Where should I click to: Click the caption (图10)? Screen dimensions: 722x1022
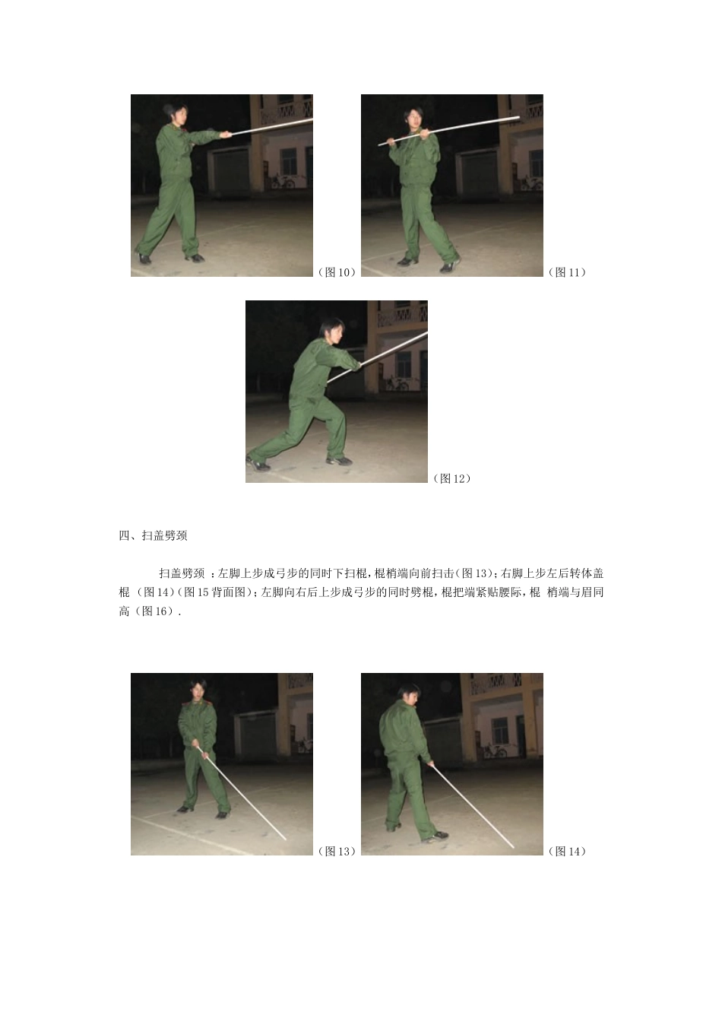click(337, 272)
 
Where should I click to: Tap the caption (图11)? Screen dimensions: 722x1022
click(567, 272)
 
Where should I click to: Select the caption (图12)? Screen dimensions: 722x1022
click(451, 478)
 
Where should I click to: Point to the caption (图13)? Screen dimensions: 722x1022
click(337, 851)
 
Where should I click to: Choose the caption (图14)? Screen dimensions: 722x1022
click(567, 851)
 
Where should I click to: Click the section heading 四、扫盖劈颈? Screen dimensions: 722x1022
click(153, 535)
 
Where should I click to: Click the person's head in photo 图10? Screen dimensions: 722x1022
click(175, 114)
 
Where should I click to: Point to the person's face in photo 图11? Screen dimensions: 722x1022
click(415, 119)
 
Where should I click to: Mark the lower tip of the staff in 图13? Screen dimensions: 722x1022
click(286, 839)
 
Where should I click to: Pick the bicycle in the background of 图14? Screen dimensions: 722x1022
click(495, 751)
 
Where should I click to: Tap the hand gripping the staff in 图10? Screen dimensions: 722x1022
click(226, 134)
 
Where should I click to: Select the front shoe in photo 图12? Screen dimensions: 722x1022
click(339, 461)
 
